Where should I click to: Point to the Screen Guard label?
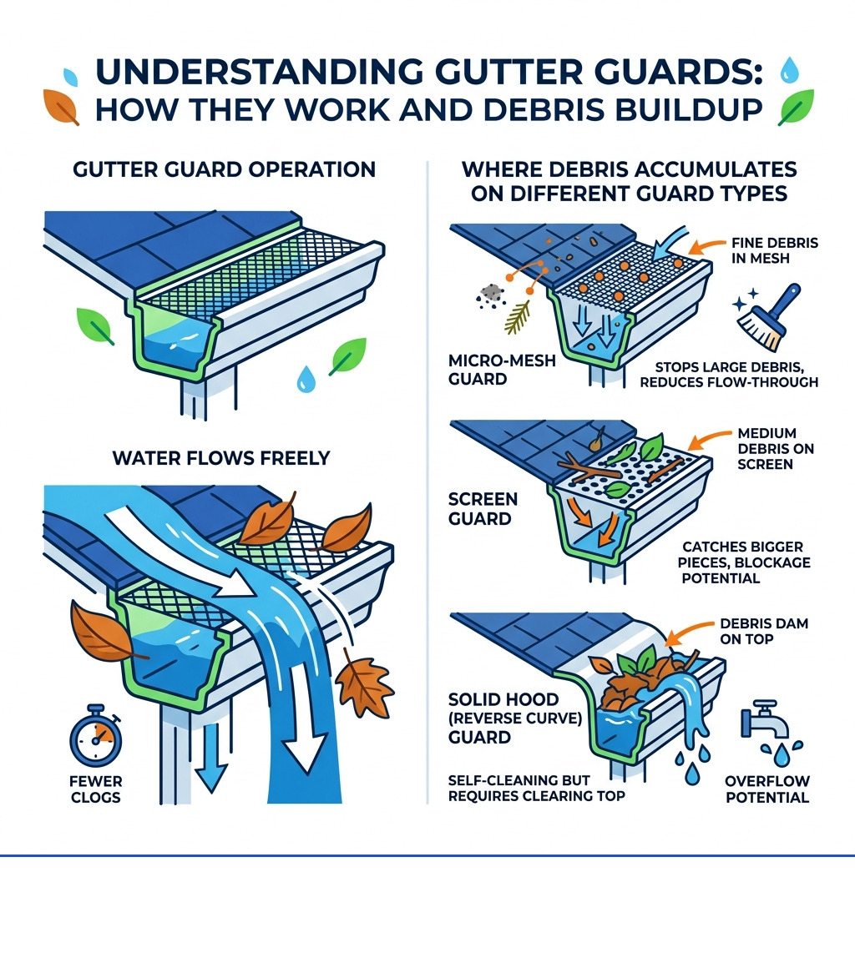(x=484, y=509)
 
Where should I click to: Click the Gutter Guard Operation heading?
(x=225, y=169)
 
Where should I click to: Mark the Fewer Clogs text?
(x=97, y=789)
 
